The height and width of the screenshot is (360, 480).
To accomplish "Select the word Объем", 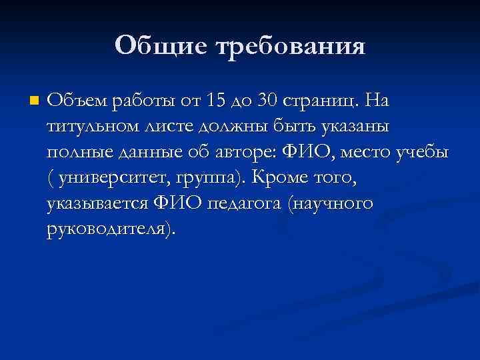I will click(77, 101).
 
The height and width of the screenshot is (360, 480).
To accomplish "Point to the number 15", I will click(217, 101).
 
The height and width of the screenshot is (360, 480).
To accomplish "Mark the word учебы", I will click(424, 153).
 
